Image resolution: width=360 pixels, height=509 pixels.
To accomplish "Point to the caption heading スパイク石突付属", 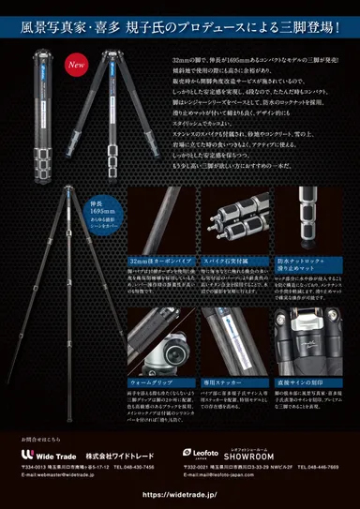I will tap(203, 257).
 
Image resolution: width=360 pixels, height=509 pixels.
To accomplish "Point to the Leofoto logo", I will tap(200, 452).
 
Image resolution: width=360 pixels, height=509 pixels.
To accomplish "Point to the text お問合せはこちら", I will tap(40, 437).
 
